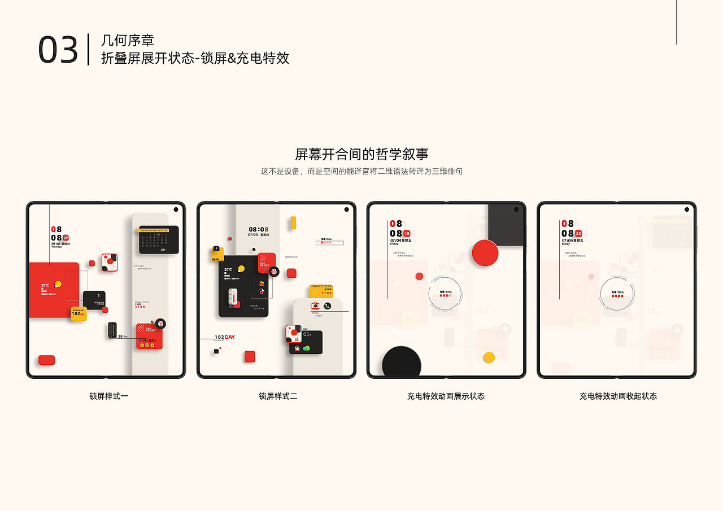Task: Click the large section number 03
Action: pyautogui.click(x=58, y=50)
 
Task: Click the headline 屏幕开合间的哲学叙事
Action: pyautogui.click(x=361, y=154)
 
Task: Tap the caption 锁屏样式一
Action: pyautogui.click(x=108, y=396)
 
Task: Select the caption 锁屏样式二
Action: pyautogui.click(x=278, y=396)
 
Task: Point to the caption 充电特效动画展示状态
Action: pyautogui.click(x=446, y=396)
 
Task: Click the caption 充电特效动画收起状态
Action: pyautogui.click(x=618, y=396)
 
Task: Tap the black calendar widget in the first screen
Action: pyautogui.click(x=159, y=240)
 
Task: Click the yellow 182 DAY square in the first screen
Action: pyautogui.click(x=79, y=314)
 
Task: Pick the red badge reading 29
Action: pyautogui.click(x=66, y=238)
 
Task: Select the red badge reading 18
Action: pyautogui.click(x=407, y=233)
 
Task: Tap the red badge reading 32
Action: pyautogui.click(x=578, y=233)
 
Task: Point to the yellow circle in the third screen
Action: pyautogui.click(x=489, y=357)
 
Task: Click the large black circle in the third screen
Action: pyautogui.click(x=402, y=363)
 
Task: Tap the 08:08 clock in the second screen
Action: pyautogui.click(x=259, y=230)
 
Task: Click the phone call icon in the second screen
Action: pyautogui.click(x=328, y=305)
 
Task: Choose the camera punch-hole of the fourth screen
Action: pyautogui.click(x=687, y=209)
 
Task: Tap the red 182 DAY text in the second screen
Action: pyautogui.click(x=229, y=337)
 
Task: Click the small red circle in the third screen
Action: pyautogui.click(x=419, y=276)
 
